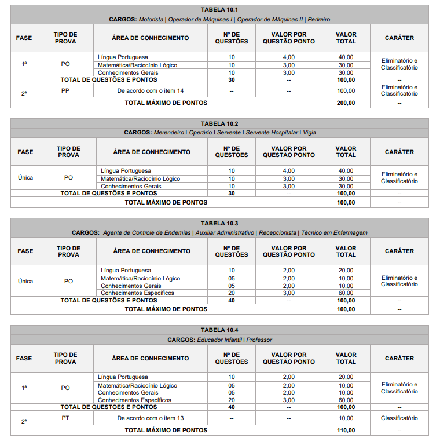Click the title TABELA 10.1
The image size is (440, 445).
coord(219,10)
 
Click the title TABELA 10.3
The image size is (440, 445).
coord(219,223)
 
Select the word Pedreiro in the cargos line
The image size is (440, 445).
coord(319,19)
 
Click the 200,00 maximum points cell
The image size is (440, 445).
coord(346,103)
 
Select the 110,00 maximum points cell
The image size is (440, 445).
coord(346,431)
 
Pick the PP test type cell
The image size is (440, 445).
coord(65,90)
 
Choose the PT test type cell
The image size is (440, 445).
coord(65,418)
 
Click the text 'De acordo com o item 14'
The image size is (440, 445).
coord(150,91)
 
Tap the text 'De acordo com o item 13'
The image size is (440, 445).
coord(150,418)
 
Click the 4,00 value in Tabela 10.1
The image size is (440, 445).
coord(288,57)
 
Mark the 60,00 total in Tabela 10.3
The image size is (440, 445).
coord(346,293)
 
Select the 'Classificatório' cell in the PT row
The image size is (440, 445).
coord(399,418)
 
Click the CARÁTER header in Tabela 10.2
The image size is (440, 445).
coord(399,152)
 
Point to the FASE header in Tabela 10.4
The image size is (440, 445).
coord(24,358)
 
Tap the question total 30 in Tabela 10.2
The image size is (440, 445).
coord(232,194)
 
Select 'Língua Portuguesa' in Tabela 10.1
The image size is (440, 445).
coord(123,57)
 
